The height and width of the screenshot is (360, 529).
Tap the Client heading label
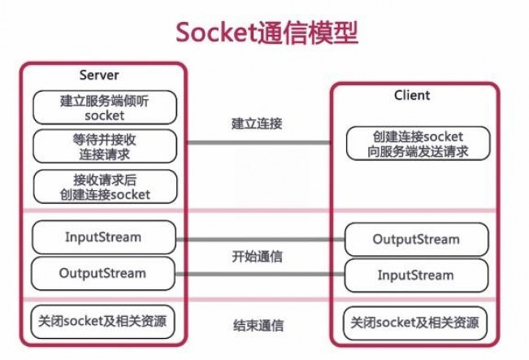tap(412, 95)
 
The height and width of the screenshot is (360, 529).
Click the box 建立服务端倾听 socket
tap(104, 107)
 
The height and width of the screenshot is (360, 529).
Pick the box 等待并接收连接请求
tap(104, 146)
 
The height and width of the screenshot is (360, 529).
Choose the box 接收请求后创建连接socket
tap(104, 186)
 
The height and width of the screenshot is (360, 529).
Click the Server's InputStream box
tap(103, 237)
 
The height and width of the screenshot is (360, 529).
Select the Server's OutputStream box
tap(103, 273)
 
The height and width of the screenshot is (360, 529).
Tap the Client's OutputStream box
tap(416, 239)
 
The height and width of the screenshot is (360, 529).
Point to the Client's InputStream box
tap(416, 275)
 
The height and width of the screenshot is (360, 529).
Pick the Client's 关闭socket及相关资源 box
tap(416, 323)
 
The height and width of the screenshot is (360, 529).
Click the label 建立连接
tap(258, 124)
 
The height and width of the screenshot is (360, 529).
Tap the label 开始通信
tap(258, 256)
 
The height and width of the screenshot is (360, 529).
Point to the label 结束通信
tap(258, 326)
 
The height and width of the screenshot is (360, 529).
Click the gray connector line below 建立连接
tap(258, 143)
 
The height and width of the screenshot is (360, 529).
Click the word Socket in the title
tap(215, 32)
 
